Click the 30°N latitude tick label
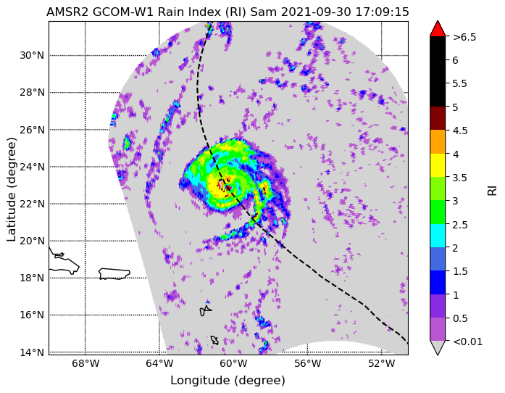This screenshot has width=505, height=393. pyautogui.click(x=32, y=55)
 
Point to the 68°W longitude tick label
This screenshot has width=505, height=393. pyautogui.click(x=85, y=364)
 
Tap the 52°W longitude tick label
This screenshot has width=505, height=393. pyautogui.click(x=382, y=364)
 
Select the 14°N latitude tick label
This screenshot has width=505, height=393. pyautogui.click(x=32, y=352)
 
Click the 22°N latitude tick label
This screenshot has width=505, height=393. pyautogui.click(x=32, y=204)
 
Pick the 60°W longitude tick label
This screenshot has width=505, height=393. pyautogui.click(x=233, y=364)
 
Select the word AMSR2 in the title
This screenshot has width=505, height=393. pyautogui.click(x=67, y=12)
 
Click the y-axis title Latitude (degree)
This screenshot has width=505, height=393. pyautogui.click(x=12, y=189)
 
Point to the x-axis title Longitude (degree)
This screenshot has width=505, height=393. pyautogui.click(x=228, y=381)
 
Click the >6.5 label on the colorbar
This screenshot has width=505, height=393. pyautogui.click(x=464, y=38)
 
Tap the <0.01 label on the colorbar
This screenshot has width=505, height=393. pyautogui.click(x=467, y=342)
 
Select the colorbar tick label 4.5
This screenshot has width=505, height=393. pyautogui.click(x=460, y=131)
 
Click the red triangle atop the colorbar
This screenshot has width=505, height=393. pyautogui.click(x=438, y=29)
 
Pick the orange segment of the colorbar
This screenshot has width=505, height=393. pyautogui.click(x=438, y=142)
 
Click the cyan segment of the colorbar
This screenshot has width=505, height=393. pyautogui.click(x=438, y=236)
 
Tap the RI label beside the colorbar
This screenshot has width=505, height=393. pyautogui.click(x=492, y=189)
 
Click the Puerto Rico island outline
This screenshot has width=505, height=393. pyautogui.click(x=114, y=273)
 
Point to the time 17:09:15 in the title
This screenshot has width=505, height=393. pyautogui.click(x=382, y=12)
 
